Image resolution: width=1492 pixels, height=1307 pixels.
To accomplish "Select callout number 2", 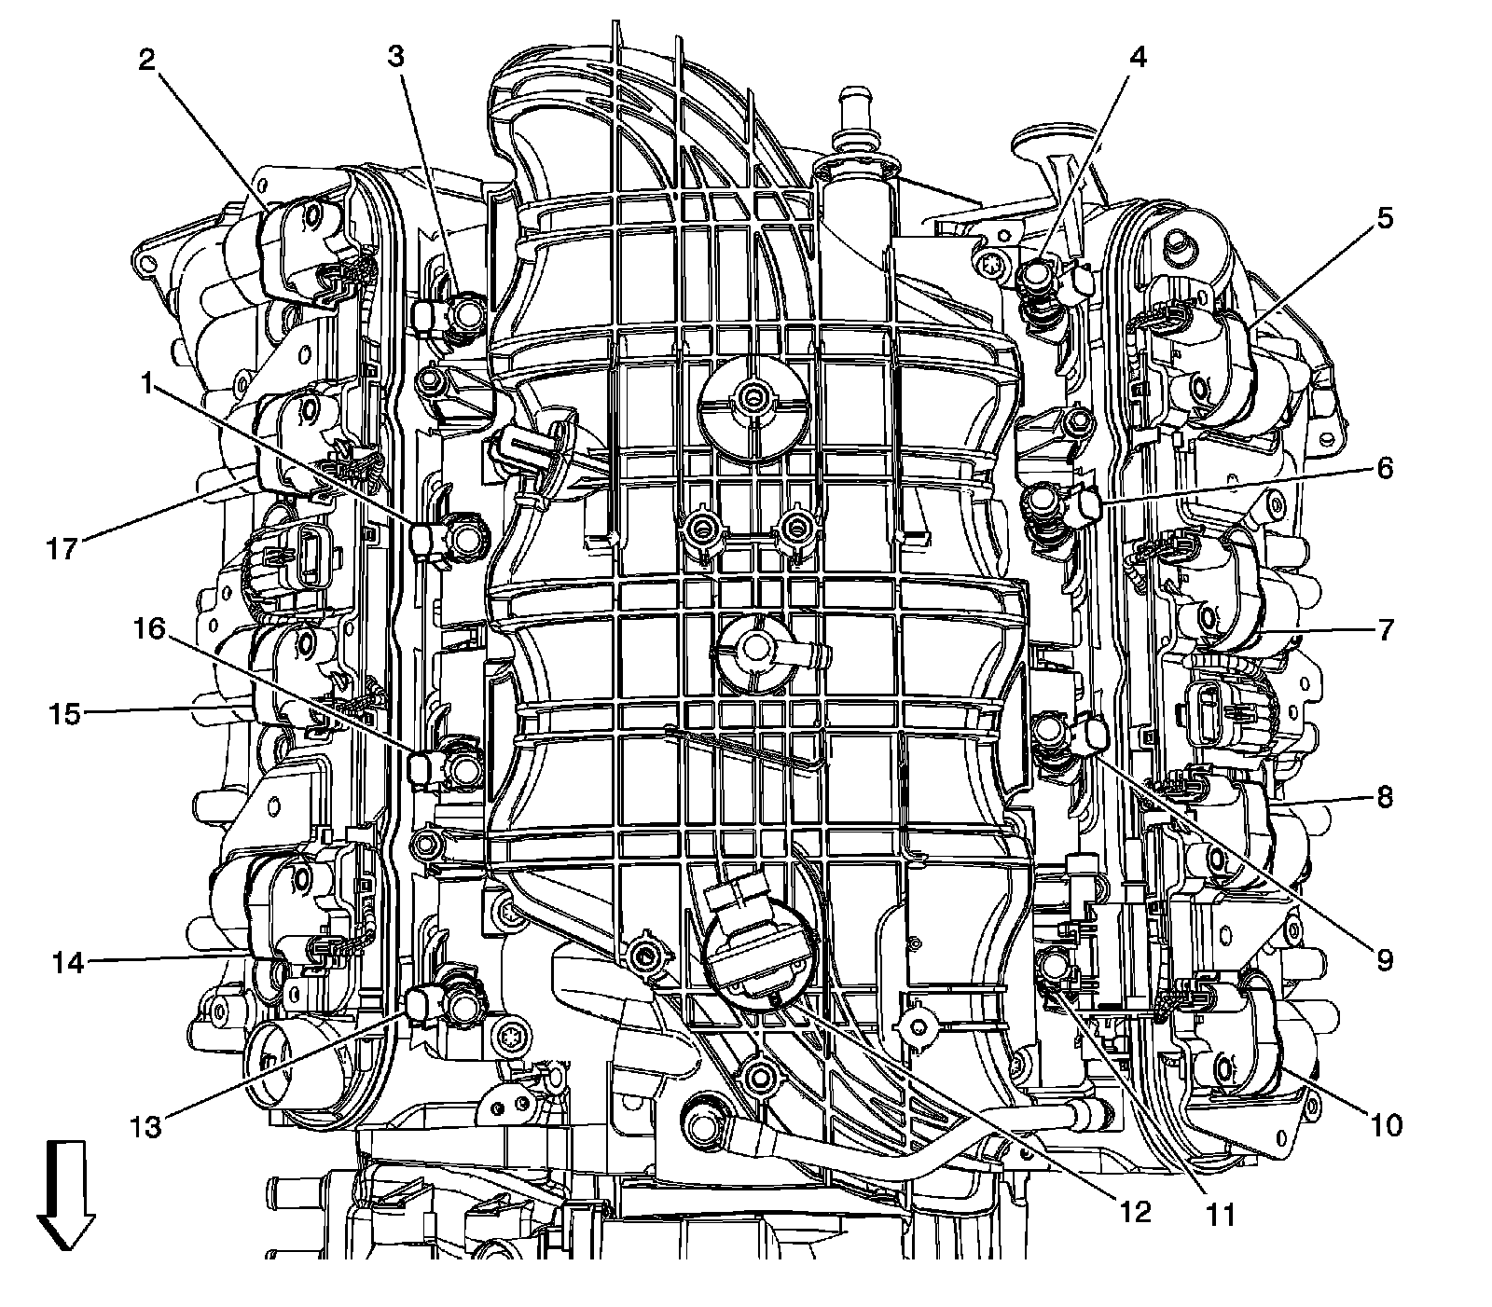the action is click(x=147, y=61).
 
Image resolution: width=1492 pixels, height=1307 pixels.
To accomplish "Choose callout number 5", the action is click(x=1384, y=219).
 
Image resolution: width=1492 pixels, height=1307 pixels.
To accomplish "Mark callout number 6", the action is click(x=1384, y=468).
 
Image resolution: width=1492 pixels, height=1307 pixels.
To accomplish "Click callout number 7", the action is click(x=1384, y=630).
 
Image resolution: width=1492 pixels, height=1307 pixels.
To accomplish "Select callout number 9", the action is click(x=1384, y=958).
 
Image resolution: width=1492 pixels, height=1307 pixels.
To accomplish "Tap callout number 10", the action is click(x=1387, y=1125).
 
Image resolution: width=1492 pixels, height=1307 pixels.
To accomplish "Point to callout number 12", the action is click(x=1137, y=1212).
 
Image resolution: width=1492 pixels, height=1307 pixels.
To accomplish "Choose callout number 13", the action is click(x=147, y=1126).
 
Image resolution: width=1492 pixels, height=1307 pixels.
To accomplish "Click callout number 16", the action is click(x=149, y=631).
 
